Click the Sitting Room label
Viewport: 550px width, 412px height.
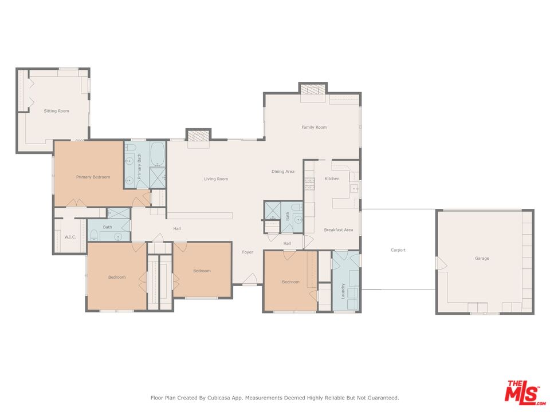click(57, 111)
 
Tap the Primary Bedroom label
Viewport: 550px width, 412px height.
click(93, 177)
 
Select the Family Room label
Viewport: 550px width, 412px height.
click(315, 127)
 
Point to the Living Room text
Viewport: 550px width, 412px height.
click(216, 179)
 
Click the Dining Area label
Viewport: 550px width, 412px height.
click(283, 172)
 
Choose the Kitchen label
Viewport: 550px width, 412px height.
click(332, 179)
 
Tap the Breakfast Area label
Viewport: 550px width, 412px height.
click(339, 230)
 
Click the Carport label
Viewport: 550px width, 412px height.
click(398, 250)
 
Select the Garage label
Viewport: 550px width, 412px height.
click(482, 258)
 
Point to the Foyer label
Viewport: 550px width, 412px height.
click(247, 252)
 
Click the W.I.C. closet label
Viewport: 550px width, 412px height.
click(70, 237)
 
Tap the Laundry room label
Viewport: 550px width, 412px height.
click(343, 291)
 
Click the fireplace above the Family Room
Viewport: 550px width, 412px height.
click(313, 89)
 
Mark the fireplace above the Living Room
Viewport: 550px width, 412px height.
click(198, 135)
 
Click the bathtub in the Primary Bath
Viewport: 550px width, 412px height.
click(158, 154)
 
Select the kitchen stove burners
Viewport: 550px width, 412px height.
click(309, 184)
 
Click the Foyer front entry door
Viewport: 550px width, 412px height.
click(250, 279)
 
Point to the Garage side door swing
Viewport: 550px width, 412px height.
click(441, 263)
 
